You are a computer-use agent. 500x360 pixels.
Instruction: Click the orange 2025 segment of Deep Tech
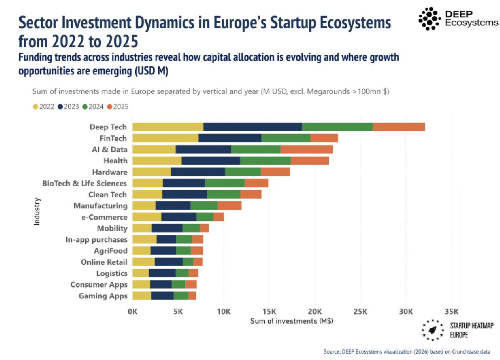coord(399,127)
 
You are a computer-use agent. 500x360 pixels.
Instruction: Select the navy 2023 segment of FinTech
coord(230,138)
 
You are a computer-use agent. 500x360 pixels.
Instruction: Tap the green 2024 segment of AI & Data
coord(256,149)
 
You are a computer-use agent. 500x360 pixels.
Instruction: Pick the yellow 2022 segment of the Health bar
coord(157,161)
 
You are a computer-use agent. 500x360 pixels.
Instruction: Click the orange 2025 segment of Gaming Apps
coord(192,296)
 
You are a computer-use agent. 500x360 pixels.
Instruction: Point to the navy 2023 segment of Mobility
coord(167,228)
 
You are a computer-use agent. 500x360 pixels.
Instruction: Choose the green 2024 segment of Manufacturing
coord(204,206)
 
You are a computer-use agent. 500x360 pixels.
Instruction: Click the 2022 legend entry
coord(44,107)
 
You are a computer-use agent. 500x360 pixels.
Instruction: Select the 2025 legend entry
coord(117,107)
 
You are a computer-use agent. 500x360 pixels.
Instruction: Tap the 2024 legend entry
coord(93,107)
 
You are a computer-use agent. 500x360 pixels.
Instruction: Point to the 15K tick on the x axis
coord(269,311)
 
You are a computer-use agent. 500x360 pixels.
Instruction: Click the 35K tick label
coord(452,311)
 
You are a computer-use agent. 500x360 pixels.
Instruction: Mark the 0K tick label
coord(133,311)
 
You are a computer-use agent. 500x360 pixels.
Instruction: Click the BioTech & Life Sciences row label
coord(84,183)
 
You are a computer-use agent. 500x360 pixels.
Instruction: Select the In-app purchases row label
coord(97,240)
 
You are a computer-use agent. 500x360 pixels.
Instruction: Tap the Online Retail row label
coord(104,262)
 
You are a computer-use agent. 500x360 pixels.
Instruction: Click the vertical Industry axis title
coord(36,211)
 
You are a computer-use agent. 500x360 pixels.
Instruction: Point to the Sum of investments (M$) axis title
coord(292,321)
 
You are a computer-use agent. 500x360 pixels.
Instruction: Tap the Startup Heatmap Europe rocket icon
coord(433,330)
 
